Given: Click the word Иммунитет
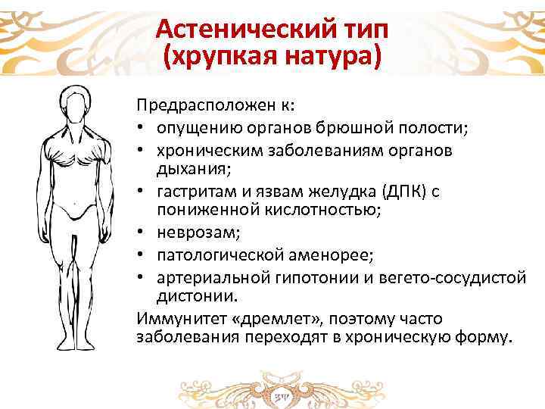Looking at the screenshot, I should point(175,318).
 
